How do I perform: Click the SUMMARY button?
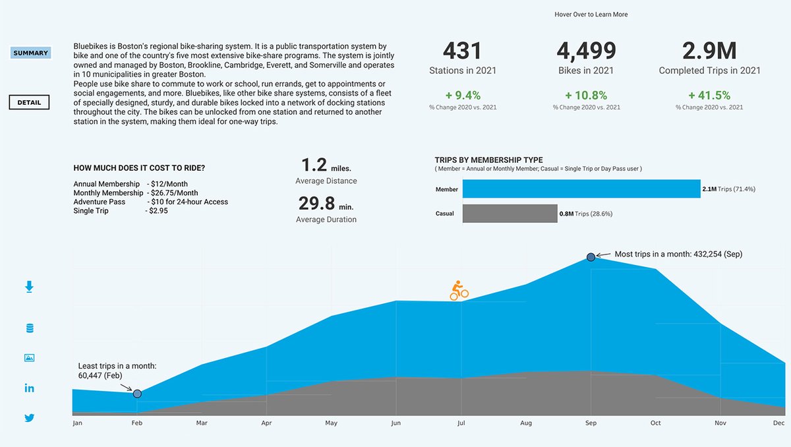[31, 53]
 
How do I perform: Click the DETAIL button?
[29, 102]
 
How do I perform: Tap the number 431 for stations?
[463, 51]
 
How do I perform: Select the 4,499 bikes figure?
[586, 51]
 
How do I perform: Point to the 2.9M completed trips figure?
[709, 51]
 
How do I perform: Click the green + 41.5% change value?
[709, 96]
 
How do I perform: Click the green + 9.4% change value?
[463, 96]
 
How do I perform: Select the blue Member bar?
[581, 189]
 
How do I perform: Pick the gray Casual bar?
[510, 214]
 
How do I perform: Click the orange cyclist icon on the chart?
[459, 291]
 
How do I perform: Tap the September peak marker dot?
[591, 257]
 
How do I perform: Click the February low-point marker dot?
[137, 394]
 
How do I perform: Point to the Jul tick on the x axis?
[461, 423]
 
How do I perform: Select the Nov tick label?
[720, 423]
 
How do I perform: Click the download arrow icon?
[29, 287]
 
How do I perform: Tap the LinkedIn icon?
[29, 388]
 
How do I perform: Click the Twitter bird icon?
[29, 418]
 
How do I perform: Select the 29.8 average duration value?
[316, 203]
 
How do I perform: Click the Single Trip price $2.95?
[157, 211]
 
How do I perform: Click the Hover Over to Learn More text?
[591, 15]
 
